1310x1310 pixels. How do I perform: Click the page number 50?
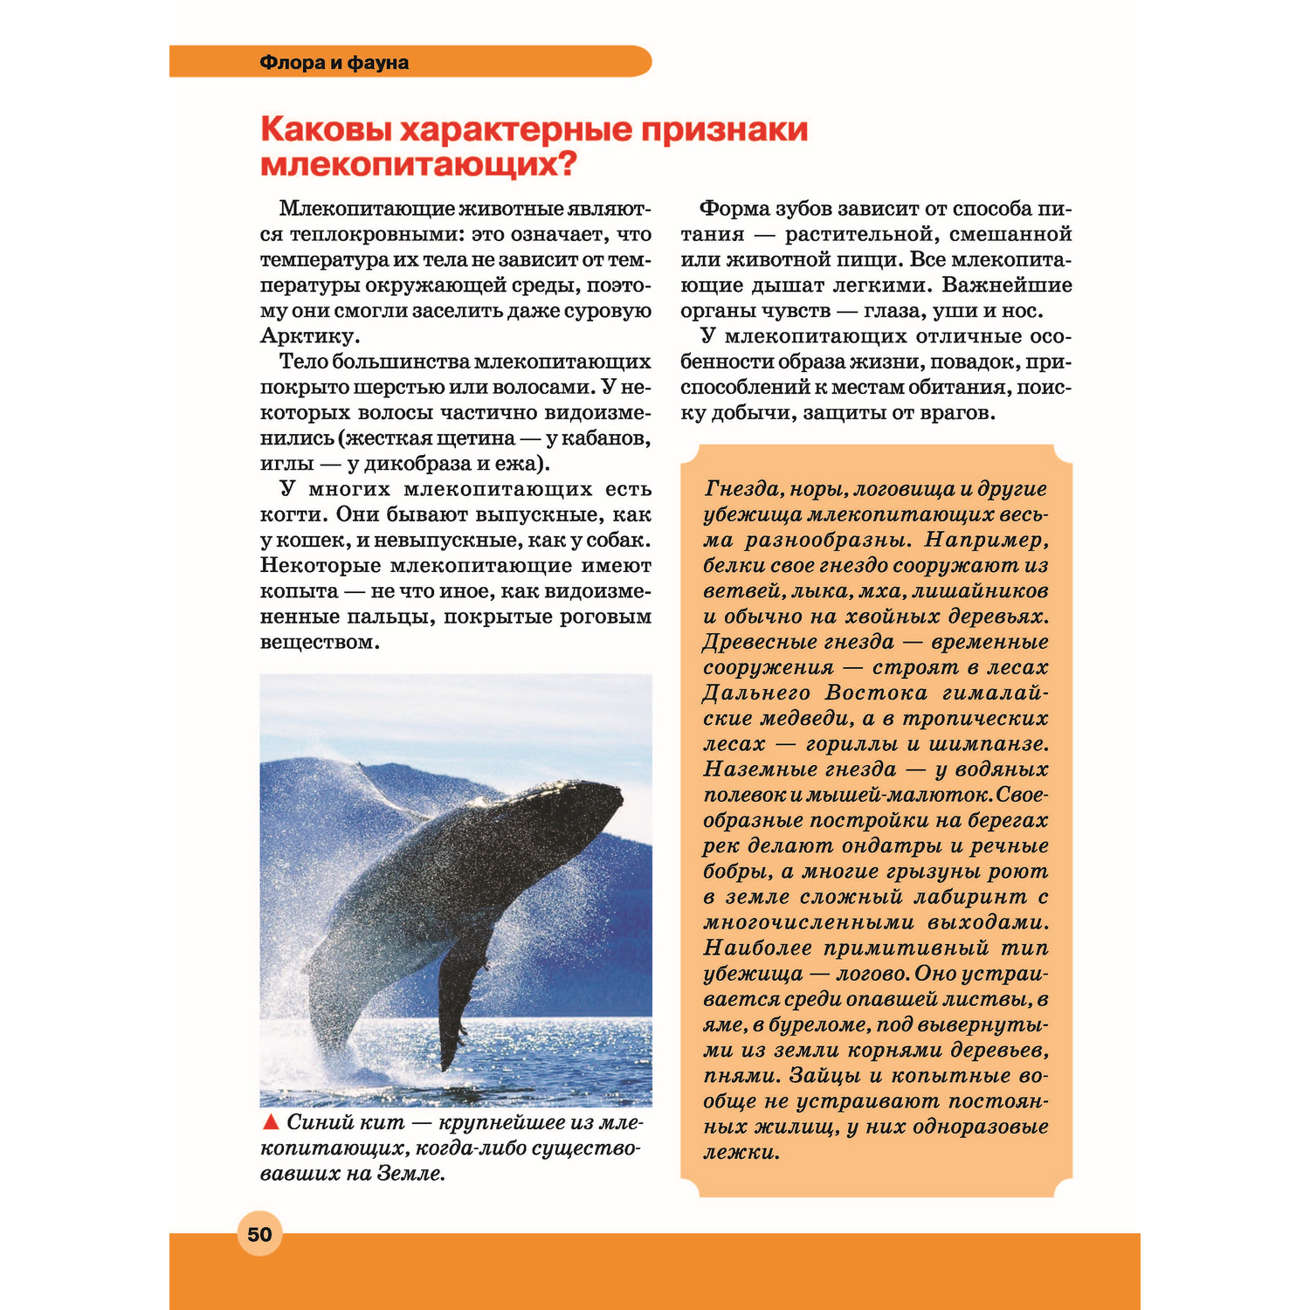tap(259, 1234)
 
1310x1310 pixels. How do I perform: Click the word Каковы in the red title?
tap(324, 129)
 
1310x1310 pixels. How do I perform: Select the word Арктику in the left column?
tap(307, 336)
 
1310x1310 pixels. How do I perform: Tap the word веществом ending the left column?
tap(318, 642)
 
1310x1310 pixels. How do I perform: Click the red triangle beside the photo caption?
tap(271, 1122)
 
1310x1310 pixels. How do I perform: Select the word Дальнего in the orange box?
tap(755, 693)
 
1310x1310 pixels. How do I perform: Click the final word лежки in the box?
tap(739, 1153)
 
